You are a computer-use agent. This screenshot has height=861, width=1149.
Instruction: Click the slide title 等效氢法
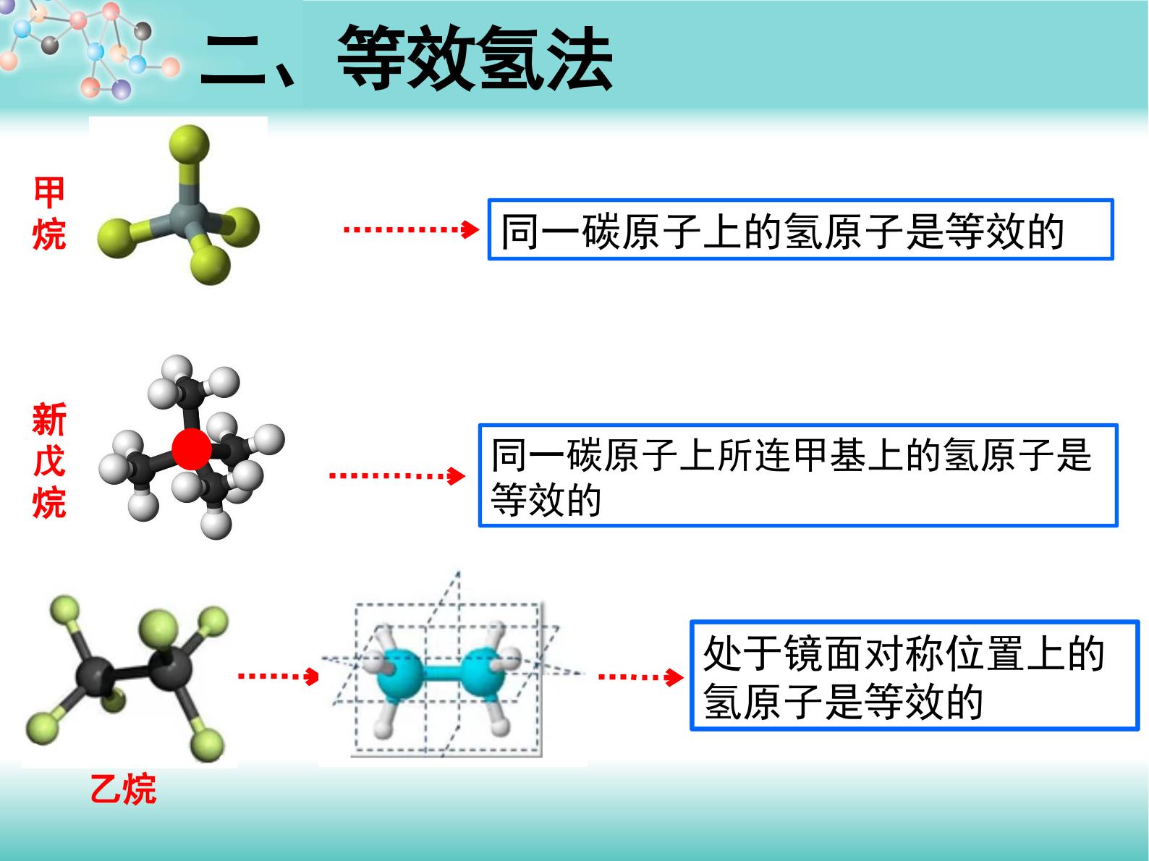(475, 59)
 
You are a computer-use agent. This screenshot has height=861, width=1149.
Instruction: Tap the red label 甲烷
(49, 213)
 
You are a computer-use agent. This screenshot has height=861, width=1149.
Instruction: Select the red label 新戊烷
(49, 461)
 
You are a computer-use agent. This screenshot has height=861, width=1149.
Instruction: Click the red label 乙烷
(123, 789)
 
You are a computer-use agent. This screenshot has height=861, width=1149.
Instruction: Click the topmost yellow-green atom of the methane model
(189, 145)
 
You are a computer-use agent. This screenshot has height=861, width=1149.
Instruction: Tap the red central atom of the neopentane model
(192, 449)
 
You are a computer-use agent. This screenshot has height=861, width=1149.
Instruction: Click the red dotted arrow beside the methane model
(411, 229)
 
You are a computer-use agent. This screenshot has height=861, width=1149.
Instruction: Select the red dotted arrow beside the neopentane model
(397, 476)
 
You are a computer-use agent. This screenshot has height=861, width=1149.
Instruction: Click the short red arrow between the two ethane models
(279, 676)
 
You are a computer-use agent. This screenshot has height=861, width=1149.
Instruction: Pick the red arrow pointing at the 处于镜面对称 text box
(641, 677)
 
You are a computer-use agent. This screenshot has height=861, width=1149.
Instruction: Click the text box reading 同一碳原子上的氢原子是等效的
(800, 230)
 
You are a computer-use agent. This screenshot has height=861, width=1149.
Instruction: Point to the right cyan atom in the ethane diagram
(485, 674)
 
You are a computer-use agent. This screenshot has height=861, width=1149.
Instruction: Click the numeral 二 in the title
(233, 61)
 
